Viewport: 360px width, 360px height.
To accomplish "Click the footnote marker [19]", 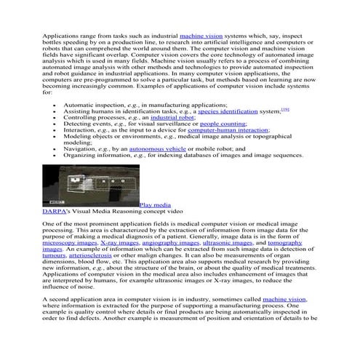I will click(285, 110).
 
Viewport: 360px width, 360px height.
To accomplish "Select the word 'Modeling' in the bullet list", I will click(79, 137).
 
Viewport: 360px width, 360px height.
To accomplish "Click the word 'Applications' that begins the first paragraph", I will click(62, 35).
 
